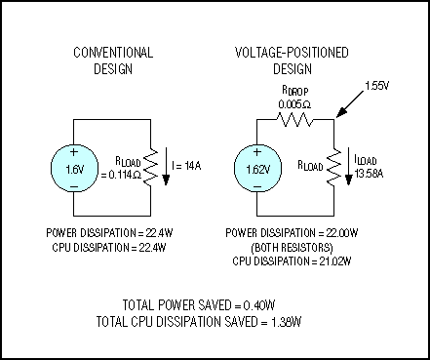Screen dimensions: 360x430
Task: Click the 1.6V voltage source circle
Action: click(x=75, y=169)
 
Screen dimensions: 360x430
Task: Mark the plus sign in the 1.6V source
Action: click(x=75, y=153)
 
